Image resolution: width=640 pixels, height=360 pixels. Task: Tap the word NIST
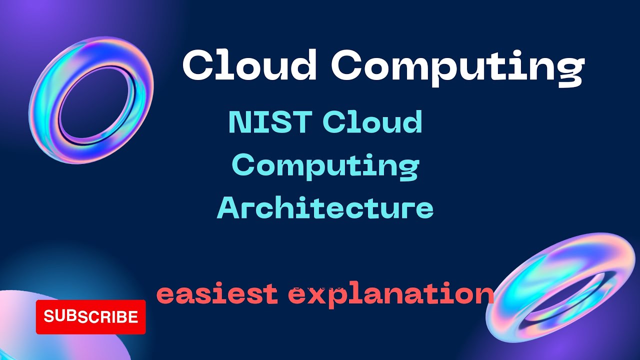(270, 122)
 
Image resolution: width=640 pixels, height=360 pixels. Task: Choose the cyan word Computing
(325, 166)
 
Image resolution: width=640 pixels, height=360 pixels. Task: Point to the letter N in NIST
(239, 122)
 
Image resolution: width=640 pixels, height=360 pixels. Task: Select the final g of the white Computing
(570, 71)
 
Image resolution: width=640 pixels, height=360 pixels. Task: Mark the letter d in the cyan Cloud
(412, 122)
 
